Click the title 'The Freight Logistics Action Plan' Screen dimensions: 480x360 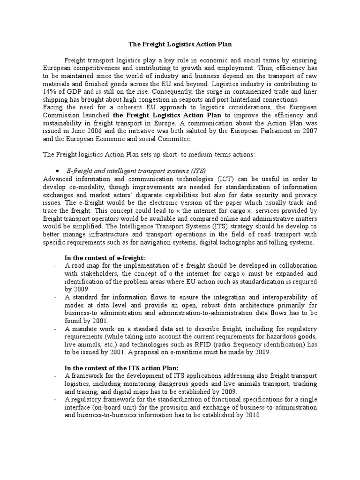tap(180, 44)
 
